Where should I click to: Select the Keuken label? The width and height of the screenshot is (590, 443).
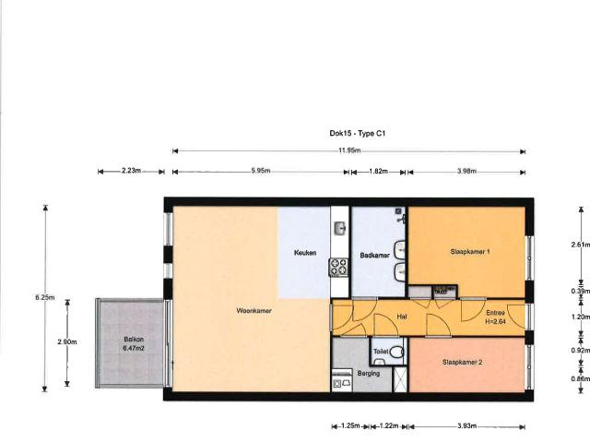[x=305, y=253]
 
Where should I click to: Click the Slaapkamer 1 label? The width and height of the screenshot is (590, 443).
[x=469, y=251]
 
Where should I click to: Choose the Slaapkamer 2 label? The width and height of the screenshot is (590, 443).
[x=463, y=362]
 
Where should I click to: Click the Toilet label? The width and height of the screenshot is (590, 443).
[x=381, y=352]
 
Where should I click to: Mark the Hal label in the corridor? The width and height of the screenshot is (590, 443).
[x=402, y=317]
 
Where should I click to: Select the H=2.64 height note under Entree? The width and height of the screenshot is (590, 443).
[x=497, y=321]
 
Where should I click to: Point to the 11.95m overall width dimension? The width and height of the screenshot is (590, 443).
[x=348, y=150]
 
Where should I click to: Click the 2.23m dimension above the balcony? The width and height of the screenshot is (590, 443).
[x=131, y=172]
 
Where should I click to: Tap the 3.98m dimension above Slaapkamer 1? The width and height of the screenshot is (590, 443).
[x=466, y=172]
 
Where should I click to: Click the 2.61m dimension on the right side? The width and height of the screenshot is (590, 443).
[x=579, y=245]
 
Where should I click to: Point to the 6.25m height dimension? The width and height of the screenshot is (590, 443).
[x=43, y=297]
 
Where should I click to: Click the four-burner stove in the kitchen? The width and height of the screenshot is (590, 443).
[x=339, y=267]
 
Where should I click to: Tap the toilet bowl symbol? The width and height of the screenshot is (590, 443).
[x=395, y=351]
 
